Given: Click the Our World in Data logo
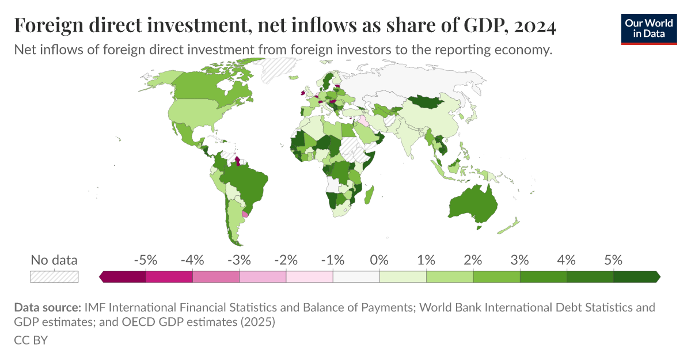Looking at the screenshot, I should click(649, 29).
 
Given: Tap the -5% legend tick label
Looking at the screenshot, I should click(145, 260).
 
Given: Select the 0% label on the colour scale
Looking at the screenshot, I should click(379, 260).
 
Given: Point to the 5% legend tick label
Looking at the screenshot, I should click(613, 260).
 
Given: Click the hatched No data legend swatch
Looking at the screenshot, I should click(54, 276).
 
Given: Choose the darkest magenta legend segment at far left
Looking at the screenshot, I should click(123, 277).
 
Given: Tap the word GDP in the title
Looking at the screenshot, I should click(479, 26).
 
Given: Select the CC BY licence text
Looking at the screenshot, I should click(31, 340).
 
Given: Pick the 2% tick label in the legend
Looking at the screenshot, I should click(473, 260).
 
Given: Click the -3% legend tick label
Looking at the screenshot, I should click(239, 260).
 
